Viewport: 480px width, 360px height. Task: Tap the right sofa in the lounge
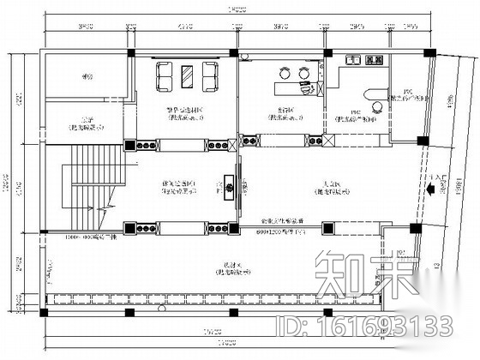click(x=208, y=77)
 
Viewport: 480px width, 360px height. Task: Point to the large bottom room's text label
click(x=226, y=267)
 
